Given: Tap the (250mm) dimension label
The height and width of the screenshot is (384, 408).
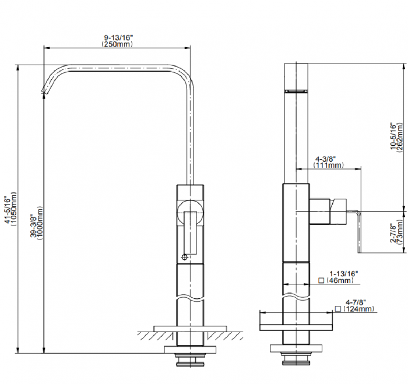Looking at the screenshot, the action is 117,44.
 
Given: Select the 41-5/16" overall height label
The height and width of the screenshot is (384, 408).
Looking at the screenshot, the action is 8,210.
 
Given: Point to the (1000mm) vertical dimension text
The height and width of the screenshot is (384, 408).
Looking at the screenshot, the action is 40,223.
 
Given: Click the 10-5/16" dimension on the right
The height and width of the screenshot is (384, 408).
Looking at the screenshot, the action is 393,136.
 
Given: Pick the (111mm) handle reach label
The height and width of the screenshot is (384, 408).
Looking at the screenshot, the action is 328,165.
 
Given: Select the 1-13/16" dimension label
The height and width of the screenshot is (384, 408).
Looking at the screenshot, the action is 344,274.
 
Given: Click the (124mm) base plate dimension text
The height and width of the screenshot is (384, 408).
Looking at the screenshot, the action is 358,309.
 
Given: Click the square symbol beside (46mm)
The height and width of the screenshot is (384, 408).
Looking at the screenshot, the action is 321,280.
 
